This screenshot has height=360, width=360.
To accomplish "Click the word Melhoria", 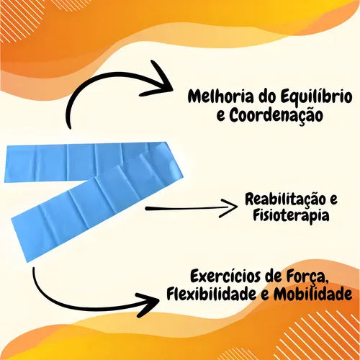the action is click(220, 96).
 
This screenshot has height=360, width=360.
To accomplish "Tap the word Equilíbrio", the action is click(316, 97).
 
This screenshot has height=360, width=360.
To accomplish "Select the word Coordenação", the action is click(276, 116).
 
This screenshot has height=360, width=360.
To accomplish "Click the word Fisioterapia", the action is click(291, 215).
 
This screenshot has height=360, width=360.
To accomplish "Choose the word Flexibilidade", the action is click(212, 294).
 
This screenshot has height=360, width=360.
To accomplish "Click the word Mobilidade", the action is click(313, 294).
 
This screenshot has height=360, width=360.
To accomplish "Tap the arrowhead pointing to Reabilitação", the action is click(229, 208).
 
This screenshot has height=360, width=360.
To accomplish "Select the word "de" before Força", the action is click(274, 276).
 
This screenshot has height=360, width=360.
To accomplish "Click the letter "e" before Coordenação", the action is click(221, 117).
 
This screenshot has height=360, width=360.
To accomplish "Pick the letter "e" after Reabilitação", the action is click(333, 202).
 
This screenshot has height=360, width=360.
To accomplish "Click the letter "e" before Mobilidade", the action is click(265, 295).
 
